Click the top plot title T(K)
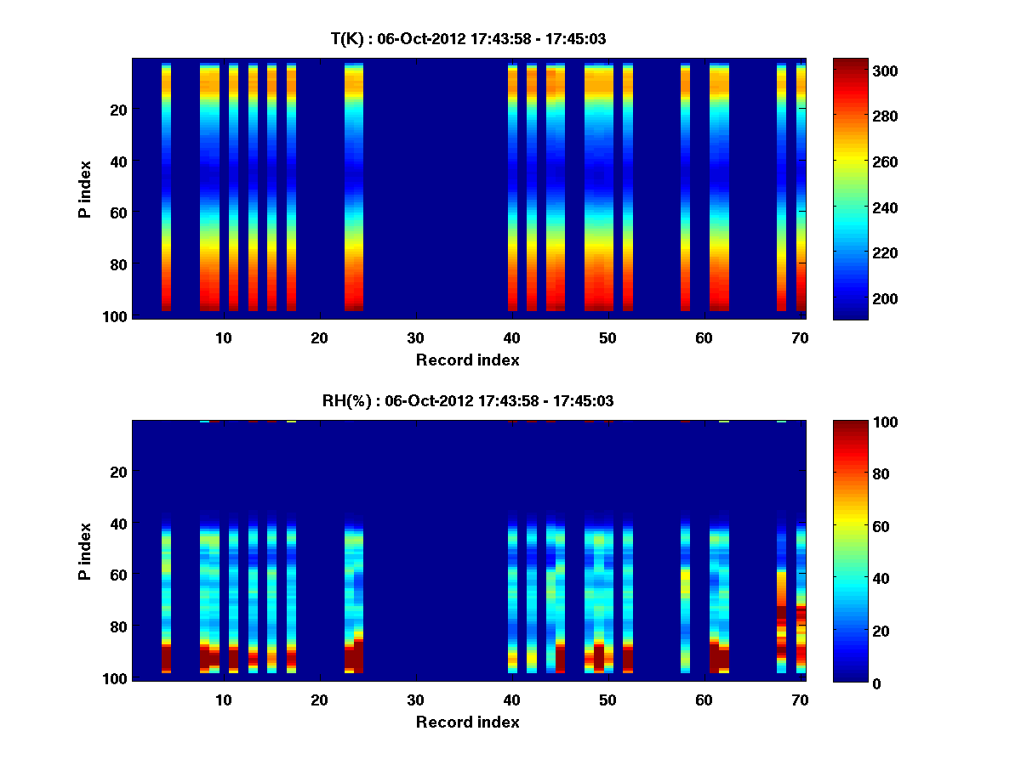point(467,39)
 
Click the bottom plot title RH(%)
point(467,401)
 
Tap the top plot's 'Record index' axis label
point(467,360)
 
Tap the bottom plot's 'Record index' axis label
point(467,722)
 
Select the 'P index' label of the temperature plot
point(85,189)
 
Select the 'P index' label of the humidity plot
point(85,551)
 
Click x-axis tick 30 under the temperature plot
point(415,337)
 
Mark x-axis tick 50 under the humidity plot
point(607,700)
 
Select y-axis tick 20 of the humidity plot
point(118,472)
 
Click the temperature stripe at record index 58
point(685,187)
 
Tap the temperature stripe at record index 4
point(166,187)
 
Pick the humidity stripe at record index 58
point(685,595)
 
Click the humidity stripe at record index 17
point(291,595)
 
